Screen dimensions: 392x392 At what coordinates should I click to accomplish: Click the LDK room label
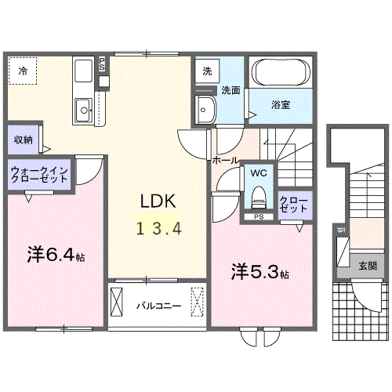(158, 201)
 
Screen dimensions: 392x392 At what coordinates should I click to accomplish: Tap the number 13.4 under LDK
(161, 229)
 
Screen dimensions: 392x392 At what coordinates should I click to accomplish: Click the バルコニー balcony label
(158, 305)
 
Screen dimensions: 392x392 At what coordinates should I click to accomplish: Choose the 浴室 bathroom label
(281, 103)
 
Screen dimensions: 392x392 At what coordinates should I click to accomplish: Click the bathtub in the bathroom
(281, 74)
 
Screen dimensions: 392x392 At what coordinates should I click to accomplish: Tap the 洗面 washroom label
(230, 89)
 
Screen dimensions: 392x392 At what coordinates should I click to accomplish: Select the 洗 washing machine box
(207, 70)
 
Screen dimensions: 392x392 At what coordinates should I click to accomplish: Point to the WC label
(258, 172)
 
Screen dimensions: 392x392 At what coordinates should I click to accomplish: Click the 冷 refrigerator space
(23, 71)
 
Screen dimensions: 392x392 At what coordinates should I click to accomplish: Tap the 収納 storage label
(24, 140)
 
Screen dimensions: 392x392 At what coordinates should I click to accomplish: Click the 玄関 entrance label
(368, 266)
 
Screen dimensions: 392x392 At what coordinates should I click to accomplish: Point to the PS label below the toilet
(258, 216)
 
